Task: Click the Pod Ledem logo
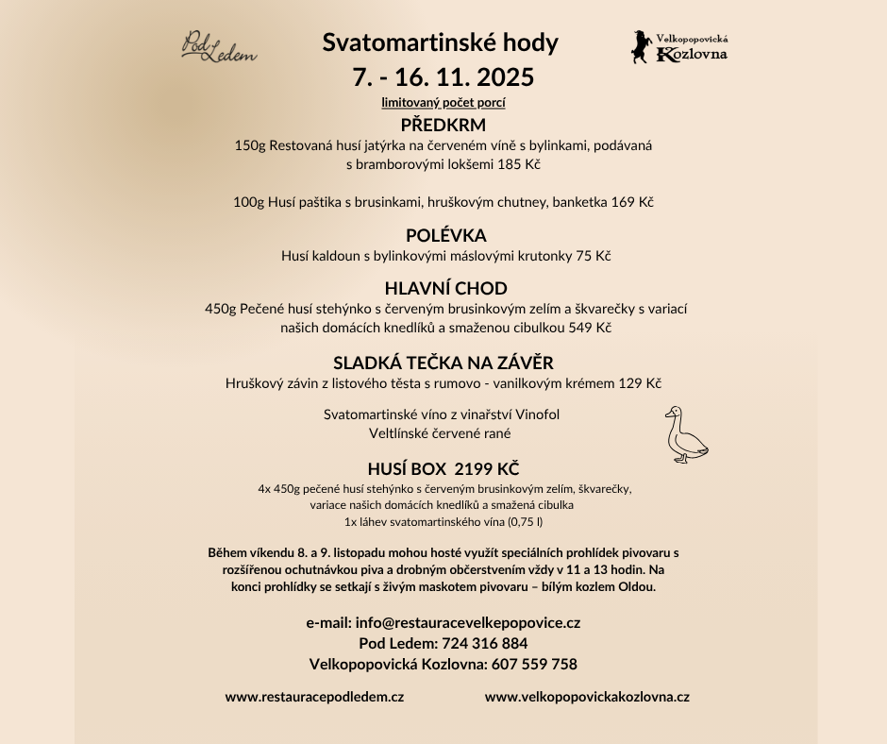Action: click(x=218, y=46)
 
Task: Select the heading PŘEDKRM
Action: click(x=443, y=125)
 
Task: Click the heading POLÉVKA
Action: click(x=445, y=235)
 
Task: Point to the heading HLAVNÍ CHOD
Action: click(x=445, y=288)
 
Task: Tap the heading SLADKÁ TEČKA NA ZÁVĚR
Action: click(x=443, y=363)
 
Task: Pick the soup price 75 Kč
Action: click(x=594, y=256)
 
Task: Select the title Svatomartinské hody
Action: click(x=441, y=42)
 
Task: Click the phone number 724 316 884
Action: click(x=484, y=643)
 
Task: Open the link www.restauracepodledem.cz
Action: click(x=314, y=697)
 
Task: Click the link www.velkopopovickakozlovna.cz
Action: click(x=587, y=697)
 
